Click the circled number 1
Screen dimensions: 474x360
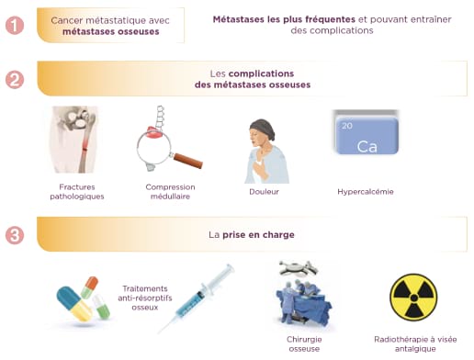click(15, 25)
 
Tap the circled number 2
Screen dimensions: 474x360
click(15, 80)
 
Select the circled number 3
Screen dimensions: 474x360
click(15, 235)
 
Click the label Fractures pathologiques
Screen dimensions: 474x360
click(77, 192)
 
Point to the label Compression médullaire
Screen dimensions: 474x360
click(170, 192)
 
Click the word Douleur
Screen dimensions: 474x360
click(264, 192)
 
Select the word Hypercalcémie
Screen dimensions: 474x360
click(366, 192)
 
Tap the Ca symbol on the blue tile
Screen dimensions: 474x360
click(367, 147)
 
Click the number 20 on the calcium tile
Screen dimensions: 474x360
click(347, 126)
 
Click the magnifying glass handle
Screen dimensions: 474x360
click(187, 161)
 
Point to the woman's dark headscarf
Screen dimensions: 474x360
click(263, 128)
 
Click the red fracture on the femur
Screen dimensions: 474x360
click(85, 144)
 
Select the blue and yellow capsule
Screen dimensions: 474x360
click(74, 303)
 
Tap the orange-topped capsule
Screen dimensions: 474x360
click(90, 287)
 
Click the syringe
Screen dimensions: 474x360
click(197, 298)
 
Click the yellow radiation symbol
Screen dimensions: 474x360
click(413, 298)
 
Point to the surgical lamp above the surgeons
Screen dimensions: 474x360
click(299, 268)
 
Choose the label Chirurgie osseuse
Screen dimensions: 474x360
click(304, 343)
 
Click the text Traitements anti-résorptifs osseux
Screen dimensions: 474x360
click(145, 298)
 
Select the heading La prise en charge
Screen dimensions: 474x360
click(252, 235)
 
